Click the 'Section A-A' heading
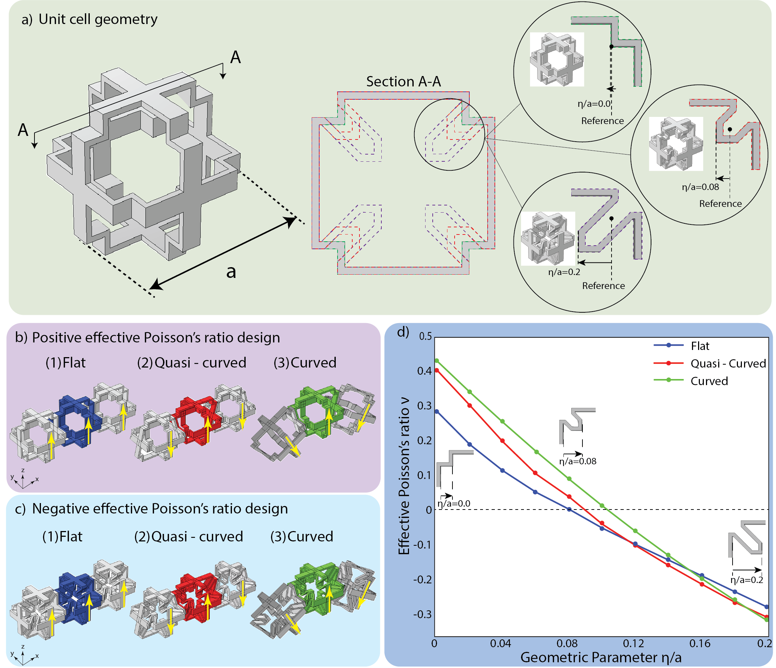(403, 81)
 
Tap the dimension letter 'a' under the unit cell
(231, 271)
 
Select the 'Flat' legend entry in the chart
(700, 346)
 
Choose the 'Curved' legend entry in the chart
(709, 381)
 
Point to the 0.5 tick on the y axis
(425, 336)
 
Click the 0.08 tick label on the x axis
(567, 643)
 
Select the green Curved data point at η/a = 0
(436, 361)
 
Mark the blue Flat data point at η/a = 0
(436, 411)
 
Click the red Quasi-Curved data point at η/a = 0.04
(502, 441)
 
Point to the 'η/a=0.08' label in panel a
(700, 187)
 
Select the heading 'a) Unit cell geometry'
(89, 19)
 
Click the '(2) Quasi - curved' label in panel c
(189, 536)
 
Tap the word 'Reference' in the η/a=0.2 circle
(603, 286)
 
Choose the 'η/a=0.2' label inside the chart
(747, 580)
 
